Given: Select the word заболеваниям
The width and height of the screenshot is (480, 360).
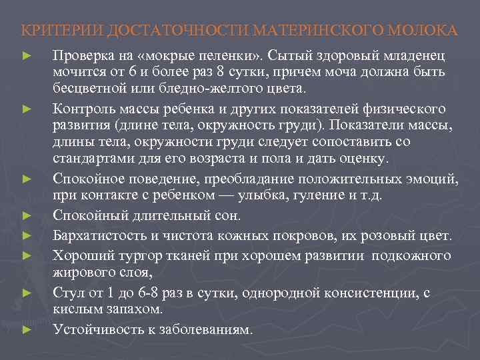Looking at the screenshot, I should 207,329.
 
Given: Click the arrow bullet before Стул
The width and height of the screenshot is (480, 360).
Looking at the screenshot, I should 27,293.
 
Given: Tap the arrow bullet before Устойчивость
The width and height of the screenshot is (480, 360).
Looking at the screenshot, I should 27,329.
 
